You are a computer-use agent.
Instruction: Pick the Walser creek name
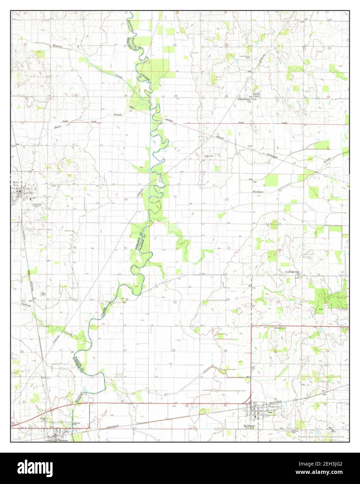tap(57, 46)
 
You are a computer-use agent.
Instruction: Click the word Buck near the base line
tap(58, 127)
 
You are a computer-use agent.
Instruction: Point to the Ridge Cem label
tap(208, 156)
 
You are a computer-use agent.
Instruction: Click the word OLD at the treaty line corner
tap(132, 107)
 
